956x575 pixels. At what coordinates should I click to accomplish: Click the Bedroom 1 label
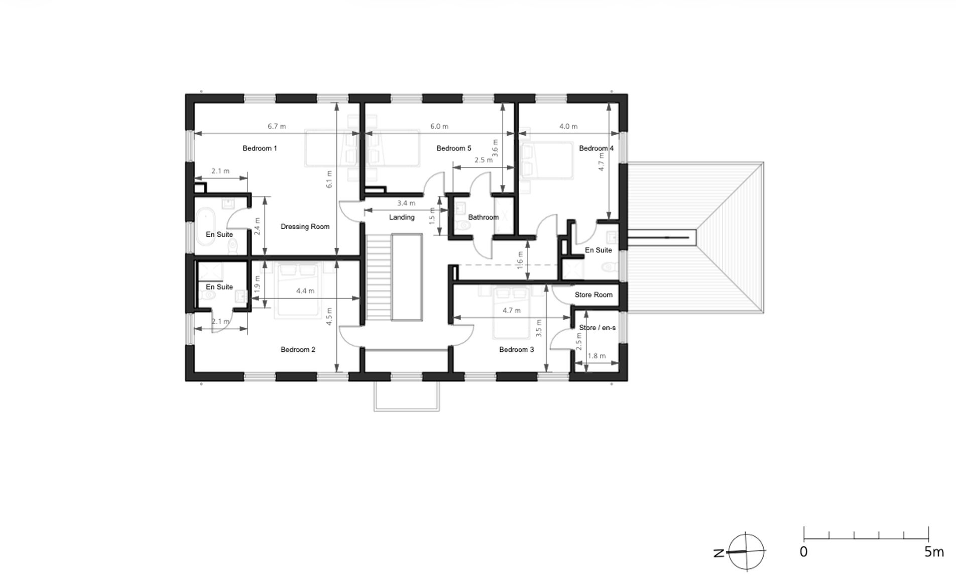[260, 148]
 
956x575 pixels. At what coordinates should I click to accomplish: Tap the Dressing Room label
[305, 227]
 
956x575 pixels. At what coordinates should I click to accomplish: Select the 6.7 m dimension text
[277, 126]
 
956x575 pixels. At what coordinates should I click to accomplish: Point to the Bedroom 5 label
[453, 148]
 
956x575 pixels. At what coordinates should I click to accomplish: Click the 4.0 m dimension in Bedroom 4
[568, 126]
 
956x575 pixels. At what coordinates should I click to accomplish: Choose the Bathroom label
[483, 217]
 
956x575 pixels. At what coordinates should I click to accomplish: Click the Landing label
[402, 217]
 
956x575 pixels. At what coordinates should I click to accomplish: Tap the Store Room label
[593, 295]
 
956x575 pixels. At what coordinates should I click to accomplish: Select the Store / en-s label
[597, 328]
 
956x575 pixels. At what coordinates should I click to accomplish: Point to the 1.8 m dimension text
[596, 356]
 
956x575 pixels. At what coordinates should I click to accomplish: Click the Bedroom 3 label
[516, 349]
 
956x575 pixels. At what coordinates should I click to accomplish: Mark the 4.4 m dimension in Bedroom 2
[305, 291]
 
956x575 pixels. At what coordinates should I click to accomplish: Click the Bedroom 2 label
[298, 349]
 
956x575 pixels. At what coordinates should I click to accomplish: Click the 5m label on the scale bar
[933, 552]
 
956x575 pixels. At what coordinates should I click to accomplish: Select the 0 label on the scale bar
[803, 552]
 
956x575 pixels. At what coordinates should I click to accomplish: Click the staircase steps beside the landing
[378, 276]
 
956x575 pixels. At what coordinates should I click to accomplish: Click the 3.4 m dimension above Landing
[406, 203]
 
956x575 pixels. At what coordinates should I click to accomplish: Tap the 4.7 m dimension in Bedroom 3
[512, 311]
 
